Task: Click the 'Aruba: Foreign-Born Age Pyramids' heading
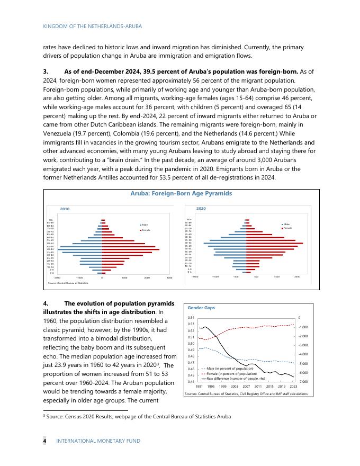[x=181, y=194]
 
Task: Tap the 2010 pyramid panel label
[x=65, y=209]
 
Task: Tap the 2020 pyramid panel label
[x=201, y=209]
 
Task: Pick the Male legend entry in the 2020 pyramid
[x=286, y=224]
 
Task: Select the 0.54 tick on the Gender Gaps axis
[x=191, y=317]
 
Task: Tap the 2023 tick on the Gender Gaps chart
[x=293, y=387]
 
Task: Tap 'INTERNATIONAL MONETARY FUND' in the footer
[x=98, y=441]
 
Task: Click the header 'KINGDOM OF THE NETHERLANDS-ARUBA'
[x=93, y=26]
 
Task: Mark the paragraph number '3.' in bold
[x=46, y=71]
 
